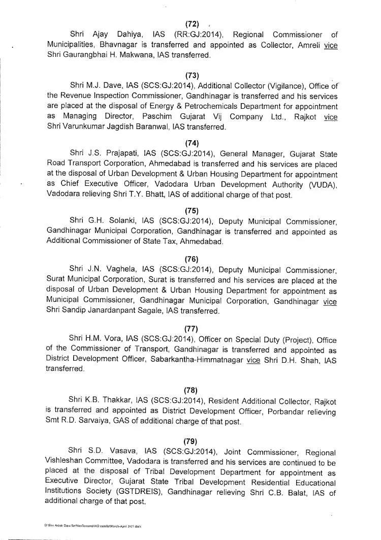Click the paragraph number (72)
pos(192,24)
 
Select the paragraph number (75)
pos(192,210)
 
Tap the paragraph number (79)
pos(192,441)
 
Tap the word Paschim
pos(156,116)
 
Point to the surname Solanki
pos(117,221)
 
